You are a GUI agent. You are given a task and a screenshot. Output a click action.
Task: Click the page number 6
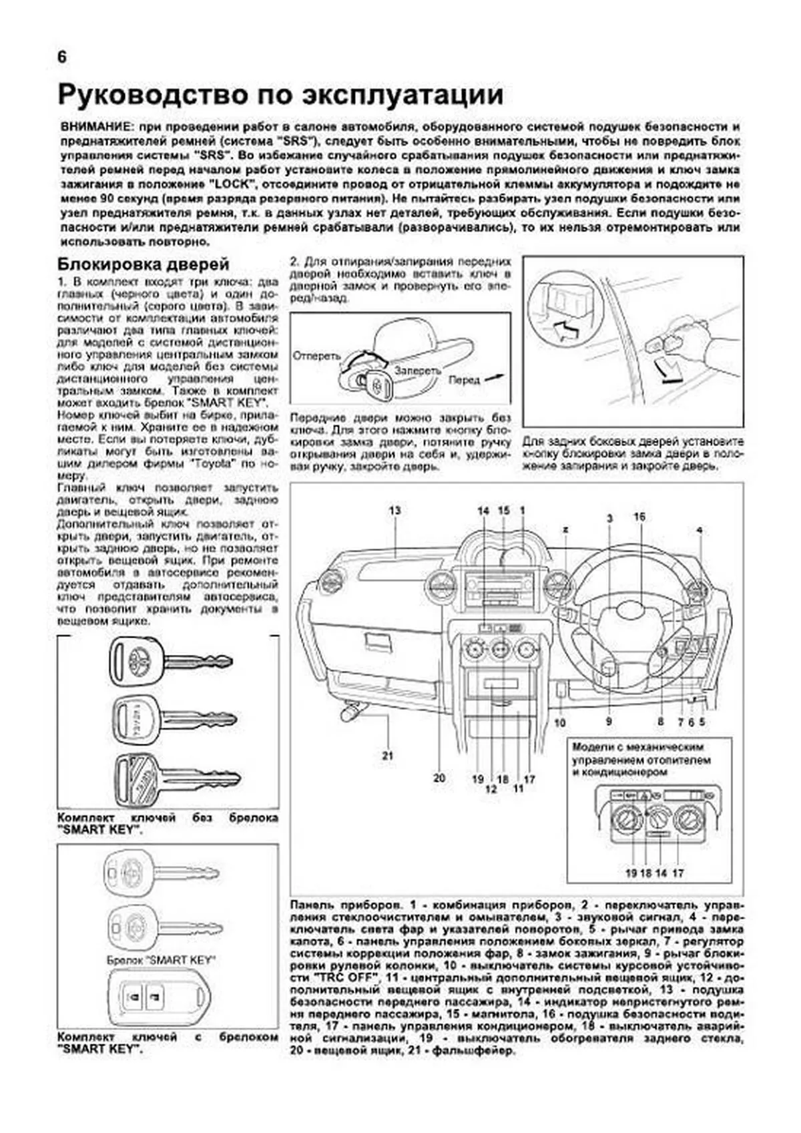pyautogui.click(x=62, y=57)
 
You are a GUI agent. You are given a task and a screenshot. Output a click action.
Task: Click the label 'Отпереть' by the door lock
pyautogui.click(x=316, y=356)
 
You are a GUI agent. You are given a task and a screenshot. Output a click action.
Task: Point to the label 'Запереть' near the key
pyautogui.click(x=417, y=370)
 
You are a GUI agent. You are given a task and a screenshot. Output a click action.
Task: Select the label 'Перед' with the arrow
pyautogui.click(x=465, y=380)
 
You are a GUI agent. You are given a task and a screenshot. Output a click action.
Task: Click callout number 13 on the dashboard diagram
pyautogui.click(x=395, y=511)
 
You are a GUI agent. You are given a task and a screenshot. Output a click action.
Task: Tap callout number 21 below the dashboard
pyautogui.click(x=388, y=756)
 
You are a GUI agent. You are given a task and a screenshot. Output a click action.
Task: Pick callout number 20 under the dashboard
pyautogui.click(x=439, y=778)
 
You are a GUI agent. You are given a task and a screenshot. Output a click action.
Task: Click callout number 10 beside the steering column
pyautogui.click(x=559, y=722)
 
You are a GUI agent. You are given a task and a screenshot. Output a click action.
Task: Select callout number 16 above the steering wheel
pyautogui.click(x=639, y=517)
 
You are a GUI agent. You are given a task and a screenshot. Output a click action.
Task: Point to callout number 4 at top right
pyautogui.click(x=700, y=530)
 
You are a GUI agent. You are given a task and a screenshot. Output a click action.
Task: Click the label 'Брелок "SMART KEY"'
pyautogui.click(x=160, y=960)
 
